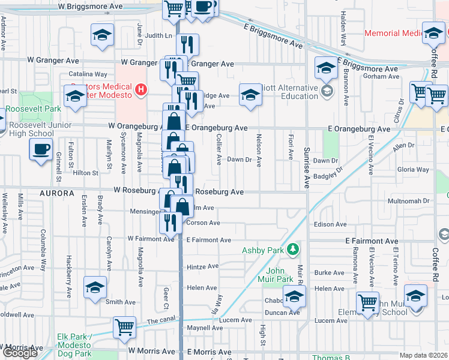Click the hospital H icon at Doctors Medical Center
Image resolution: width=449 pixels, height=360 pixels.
coord(140,91)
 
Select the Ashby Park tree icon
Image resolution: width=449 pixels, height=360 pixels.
coord(292,248)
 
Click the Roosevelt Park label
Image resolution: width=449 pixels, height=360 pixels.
coord(34,109)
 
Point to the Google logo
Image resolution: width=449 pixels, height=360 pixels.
coord(20,353)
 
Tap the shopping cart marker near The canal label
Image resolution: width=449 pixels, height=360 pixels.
coord(124,328)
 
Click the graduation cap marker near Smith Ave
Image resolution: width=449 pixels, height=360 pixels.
coord(95,287)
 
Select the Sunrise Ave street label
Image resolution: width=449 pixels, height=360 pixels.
coord(306,167)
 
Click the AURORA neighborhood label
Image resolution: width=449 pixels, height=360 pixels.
coord(58,194)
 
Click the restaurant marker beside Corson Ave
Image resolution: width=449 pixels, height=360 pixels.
coord(170,223)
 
